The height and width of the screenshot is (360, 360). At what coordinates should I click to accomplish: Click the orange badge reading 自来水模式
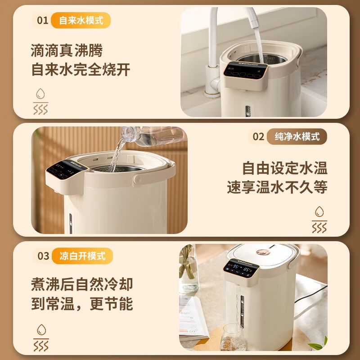(81, 20)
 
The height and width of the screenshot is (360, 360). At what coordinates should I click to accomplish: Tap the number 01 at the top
(42, 20)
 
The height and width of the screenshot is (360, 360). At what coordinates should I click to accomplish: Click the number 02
(258, 136)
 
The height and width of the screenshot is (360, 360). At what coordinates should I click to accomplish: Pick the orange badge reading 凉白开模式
(82, 256)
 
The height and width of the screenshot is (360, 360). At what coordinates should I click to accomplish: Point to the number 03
(43, 256)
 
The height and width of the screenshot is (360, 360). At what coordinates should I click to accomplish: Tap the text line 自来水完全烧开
(81, 70)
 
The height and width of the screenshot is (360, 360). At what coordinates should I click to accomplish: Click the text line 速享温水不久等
(277, 188)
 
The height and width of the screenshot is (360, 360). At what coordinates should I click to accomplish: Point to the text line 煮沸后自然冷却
(81, 284)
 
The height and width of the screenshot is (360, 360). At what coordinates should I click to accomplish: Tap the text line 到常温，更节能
(81, 304)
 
